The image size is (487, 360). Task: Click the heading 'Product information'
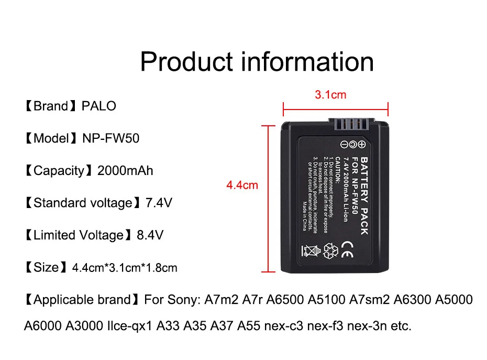click(257, 61)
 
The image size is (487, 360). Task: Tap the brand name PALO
click(99, 106)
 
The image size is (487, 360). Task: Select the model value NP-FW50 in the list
click(111, 139)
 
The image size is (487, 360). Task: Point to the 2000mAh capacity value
click(126, 171)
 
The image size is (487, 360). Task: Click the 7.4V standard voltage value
click(158, 203)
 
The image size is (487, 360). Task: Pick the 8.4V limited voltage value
click(150, 235)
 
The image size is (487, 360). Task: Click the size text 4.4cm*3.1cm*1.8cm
click(125, 268)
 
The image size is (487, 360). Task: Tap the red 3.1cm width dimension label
click(330, 95)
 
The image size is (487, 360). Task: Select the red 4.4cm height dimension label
click(242, 185)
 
